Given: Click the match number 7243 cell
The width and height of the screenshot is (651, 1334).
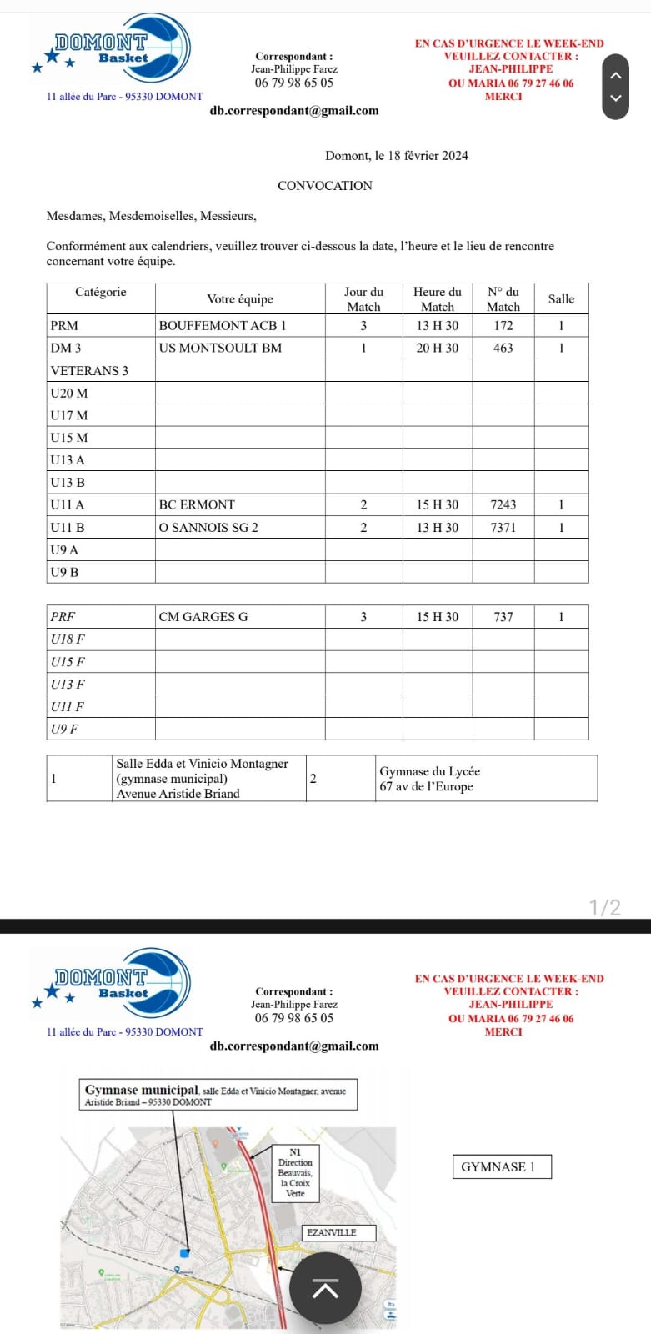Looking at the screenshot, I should [503, 504].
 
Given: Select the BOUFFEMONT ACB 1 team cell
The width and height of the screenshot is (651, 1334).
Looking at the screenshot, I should [223, 325].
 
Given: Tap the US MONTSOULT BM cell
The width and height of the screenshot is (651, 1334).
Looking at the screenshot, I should [220, 348].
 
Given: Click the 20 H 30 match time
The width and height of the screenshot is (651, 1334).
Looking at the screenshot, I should [437, 348].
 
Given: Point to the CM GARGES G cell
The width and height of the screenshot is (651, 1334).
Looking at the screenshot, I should [203, 617].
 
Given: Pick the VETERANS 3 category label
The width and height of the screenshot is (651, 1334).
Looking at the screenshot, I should [89, 370].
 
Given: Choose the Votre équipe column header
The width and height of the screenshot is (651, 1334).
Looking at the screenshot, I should [240, 299].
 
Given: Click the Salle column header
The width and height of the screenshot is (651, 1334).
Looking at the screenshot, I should [561, 299].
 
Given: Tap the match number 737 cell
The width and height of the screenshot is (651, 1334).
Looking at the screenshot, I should [503, 617].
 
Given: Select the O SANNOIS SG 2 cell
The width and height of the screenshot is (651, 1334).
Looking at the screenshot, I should [208, 527].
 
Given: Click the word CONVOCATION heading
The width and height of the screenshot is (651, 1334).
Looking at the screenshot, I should [325, 186].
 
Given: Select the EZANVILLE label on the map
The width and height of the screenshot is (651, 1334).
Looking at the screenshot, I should [332, 1232].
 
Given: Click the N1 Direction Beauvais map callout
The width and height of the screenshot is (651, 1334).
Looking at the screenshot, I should [295, 1172].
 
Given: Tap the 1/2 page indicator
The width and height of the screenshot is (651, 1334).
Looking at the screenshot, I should [605, 907].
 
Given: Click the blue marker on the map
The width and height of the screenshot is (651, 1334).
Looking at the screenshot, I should [185, 1253].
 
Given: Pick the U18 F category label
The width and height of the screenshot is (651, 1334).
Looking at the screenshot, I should [68, 639].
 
